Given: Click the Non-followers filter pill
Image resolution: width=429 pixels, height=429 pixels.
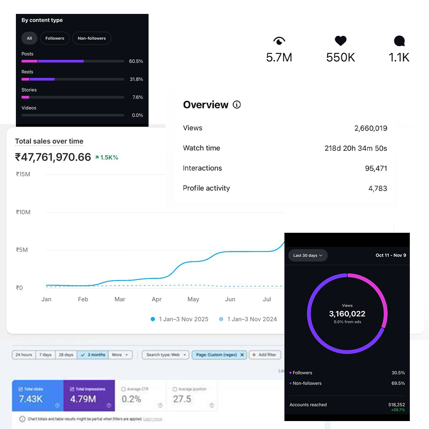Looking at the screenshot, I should pyautogui.click(x=92, y=38).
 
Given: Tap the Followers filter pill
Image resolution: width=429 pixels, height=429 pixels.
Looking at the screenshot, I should pyautogui.click(x=55, y=38).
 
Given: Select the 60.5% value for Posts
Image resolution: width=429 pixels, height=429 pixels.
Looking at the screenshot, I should pyautogui.click(x=136, y=61).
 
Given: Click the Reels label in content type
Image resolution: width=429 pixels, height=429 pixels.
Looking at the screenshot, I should pyautogui.click(x=27, y=72).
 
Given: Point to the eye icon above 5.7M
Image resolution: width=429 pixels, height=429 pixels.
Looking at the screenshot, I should pyautogui.click(x=279, y=41).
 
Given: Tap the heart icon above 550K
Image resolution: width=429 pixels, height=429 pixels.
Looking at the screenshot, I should pyautogui.click(x=340, y=41).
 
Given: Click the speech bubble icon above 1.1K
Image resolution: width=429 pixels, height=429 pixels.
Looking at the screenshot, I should pyautogui.click(x=399, y=41).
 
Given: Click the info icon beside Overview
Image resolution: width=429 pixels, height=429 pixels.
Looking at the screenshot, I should pyautogui.click(x=237, y=105).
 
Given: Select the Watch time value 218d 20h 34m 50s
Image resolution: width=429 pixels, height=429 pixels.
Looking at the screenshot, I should pyautogui.click(x=356, y=148).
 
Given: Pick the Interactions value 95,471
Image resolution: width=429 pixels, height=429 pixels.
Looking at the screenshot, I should pyautogui.click(x=376, y=168).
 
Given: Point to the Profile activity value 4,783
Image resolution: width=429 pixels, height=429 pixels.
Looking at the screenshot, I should pyautogui.click(x=377, y=188).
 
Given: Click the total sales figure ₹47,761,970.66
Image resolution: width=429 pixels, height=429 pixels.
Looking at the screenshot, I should pyautogui.click(x=53, y=157).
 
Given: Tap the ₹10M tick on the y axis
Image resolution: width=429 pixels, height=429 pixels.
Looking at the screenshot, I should pyautogui.click(x=23, y=212).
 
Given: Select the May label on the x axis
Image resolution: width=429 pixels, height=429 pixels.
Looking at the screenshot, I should pyautogui.click(x=193, y=299).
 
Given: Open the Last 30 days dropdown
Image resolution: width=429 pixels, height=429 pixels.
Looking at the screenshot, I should pyautogui.click(x=308, y=255).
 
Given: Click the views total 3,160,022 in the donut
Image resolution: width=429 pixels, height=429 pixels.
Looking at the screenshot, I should pyautogui.click(x=347, y=314).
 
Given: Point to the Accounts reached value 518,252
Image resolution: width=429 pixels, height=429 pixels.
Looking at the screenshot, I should pyautogui.click(x=396, y=404).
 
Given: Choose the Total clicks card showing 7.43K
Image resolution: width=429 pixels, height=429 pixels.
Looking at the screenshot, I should pyautogui.click(x=38, y=395).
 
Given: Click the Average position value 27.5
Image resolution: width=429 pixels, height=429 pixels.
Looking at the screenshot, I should pyautogui.click(x=182, y=399).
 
